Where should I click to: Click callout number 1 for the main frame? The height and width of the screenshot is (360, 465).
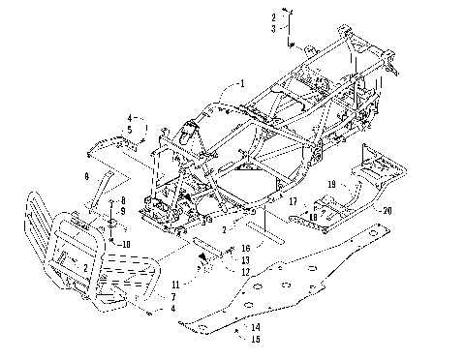point(242,84)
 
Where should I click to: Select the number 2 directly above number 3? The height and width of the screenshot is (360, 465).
point(273,18)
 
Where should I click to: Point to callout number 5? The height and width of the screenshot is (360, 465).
point(129,128)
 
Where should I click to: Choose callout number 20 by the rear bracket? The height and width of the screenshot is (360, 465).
point(387,210)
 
